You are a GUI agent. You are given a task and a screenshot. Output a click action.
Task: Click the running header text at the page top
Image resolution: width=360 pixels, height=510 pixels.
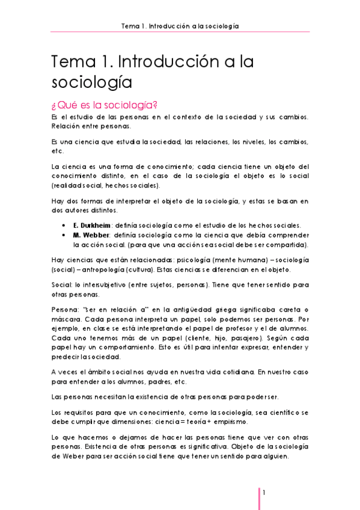(180, 26)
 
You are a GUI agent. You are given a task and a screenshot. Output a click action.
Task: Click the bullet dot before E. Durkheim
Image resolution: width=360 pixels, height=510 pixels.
(64, 224)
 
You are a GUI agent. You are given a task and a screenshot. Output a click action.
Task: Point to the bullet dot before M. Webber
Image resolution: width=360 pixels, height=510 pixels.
(64, 235)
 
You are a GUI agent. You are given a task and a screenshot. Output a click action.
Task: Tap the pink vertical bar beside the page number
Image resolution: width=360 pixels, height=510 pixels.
(259, 498)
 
